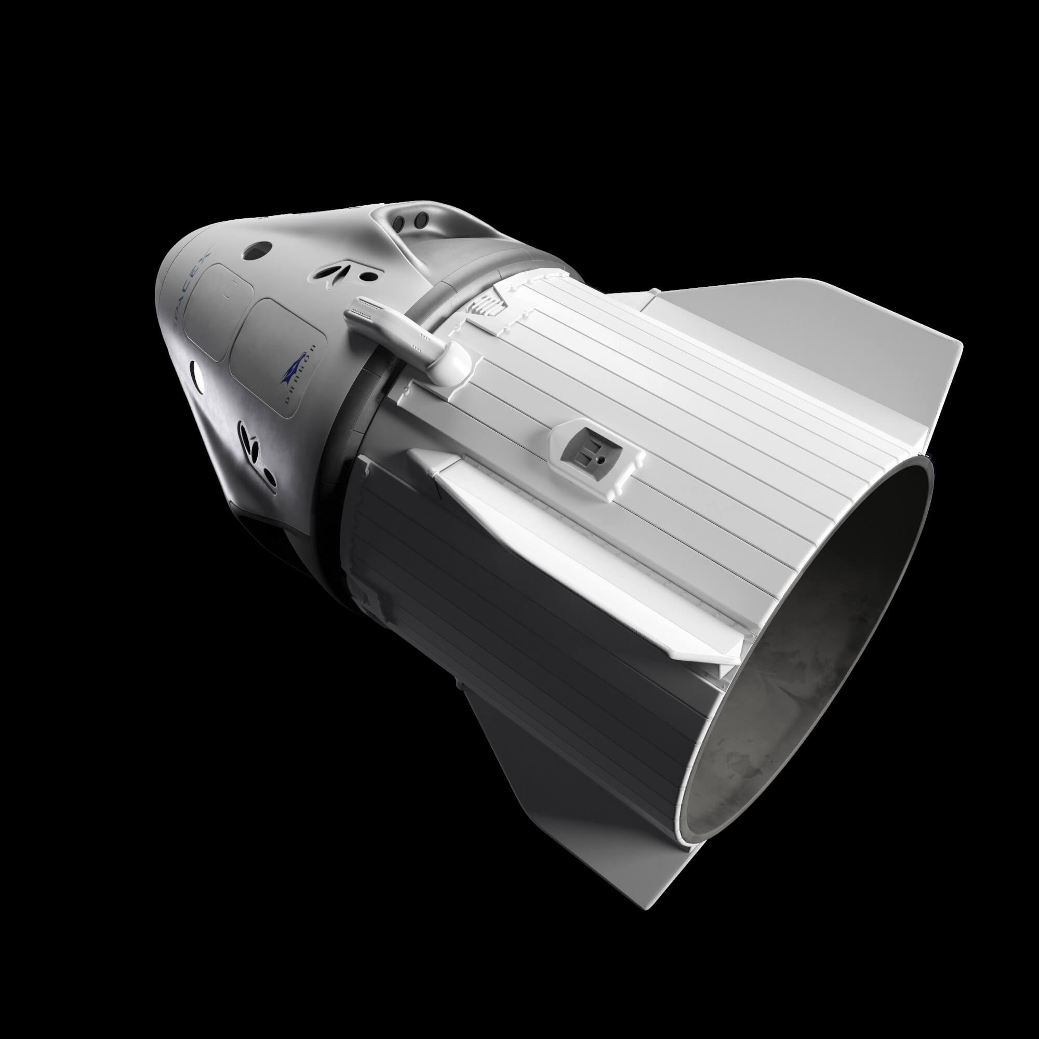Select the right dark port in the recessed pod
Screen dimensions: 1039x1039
click(x=423, y=219)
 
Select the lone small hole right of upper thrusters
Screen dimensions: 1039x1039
click(x=368, y=276)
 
